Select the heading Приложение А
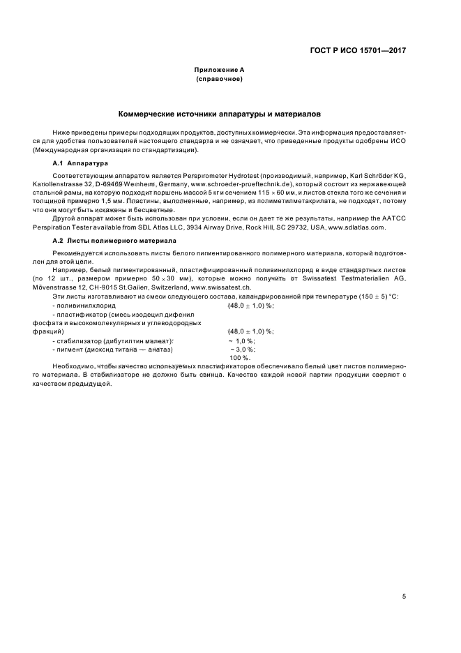coord(219,70)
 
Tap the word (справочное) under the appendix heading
coord(219,79)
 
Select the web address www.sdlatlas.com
coord(360,227)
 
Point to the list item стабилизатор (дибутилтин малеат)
coord(112,340)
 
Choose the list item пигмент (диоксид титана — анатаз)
coord(112,349)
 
